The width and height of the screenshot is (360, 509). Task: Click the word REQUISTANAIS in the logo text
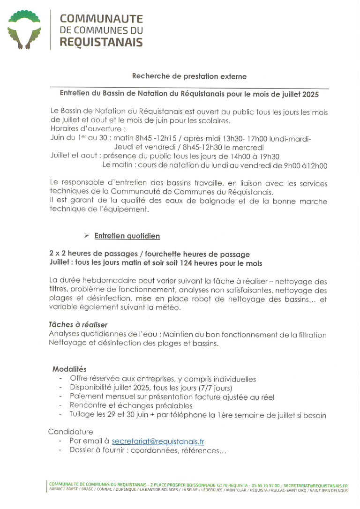(x=101, y=42)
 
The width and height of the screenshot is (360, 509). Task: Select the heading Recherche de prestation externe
(x=189, y=76)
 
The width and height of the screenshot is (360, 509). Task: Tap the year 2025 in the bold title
(x=310, y=94)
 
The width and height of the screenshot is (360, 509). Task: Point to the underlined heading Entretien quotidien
(x=127, y=236)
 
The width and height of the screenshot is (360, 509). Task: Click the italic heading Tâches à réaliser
(x=78, y=325)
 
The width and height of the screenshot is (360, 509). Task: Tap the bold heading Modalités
(x=69, y=369)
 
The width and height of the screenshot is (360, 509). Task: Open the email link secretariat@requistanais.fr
(x=158, y=441)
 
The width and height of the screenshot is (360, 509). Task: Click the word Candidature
(x=70, y=432)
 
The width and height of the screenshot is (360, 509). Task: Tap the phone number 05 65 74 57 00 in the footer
(x=266, y=486)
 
